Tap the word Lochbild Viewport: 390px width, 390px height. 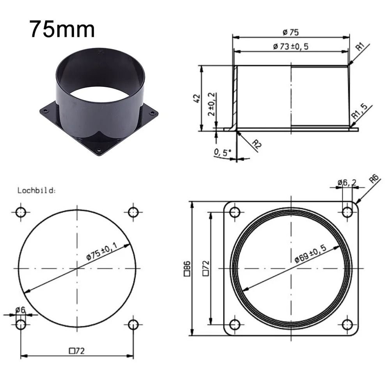click(x=37, y=191)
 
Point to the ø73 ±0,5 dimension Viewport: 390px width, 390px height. click(x=291, y=46)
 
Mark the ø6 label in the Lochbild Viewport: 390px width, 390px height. click(x=20, y=310)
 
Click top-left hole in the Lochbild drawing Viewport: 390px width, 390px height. click(x=21, y=212)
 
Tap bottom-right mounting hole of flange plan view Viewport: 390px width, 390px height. click(x=347, y=324)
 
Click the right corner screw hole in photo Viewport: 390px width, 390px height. click(x=152, y=113)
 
